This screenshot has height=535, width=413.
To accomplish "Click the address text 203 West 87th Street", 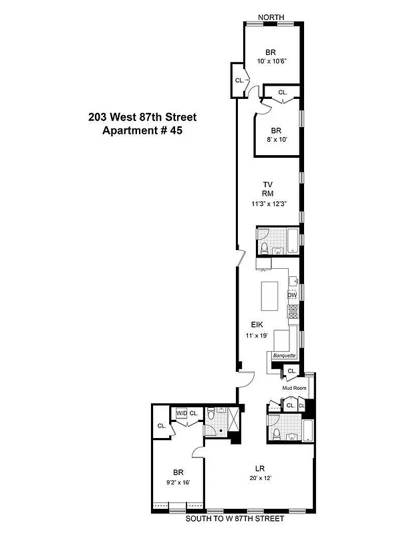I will coord(142,117).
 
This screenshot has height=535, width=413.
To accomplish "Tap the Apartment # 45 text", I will coord(142,130).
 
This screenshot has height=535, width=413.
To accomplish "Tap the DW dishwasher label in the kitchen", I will coord(292,295).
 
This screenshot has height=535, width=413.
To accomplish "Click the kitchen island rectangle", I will coord(269,296).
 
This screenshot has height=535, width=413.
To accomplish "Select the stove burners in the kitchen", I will coord(292,310).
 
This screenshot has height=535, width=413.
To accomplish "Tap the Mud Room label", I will coord(293,387).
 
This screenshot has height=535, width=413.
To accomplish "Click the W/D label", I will coord(181,414).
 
